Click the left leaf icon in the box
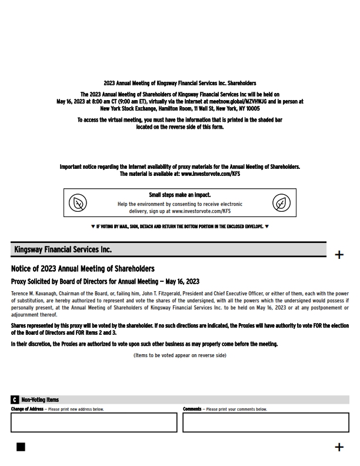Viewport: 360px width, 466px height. point(78,204)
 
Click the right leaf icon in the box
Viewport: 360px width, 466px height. point(282,204)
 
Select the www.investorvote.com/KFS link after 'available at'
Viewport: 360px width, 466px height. point(210,174)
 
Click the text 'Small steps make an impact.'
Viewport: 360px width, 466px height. point(179,195)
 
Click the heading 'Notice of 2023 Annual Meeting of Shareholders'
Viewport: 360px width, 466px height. point(83,269)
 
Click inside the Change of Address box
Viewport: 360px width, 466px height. point(94,422)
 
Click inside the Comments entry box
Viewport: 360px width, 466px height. point(265,422)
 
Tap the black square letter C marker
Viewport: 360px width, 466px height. point(15,400)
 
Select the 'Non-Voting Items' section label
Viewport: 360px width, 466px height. point(40,400)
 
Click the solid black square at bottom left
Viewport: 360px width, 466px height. point(21,447)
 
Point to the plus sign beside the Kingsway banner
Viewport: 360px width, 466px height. point(339,255)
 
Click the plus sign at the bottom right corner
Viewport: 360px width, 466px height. point(339,447)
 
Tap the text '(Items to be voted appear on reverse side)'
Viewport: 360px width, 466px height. point(179,355)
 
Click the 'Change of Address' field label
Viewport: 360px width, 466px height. point(27,410)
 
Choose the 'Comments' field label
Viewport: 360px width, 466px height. point(192,410)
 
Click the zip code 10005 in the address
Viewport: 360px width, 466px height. point(253,109)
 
